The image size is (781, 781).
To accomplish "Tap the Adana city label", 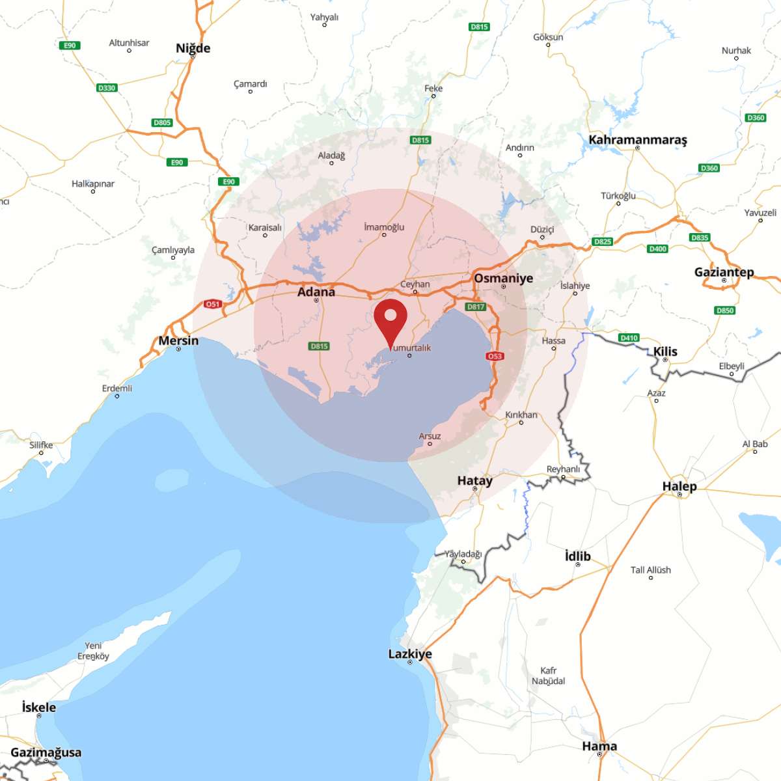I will [x=316, y=292].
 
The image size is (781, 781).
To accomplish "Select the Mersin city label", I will [x=178, y=340].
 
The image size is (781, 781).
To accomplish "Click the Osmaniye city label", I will [x=503, y=278].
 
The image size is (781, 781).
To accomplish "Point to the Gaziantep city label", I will [x=724, y=272].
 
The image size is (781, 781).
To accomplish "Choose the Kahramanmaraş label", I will [x=637, y=140].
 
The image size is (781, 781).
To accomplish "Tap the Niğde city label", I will [x=193, y=48].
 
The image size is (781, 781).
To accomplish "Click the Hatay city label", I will [x=474, y=481].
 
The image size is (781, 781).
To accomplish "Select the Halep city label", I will [x=679, y=486].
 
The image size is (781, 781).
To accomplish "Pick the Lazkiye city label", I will [x=410, y=654].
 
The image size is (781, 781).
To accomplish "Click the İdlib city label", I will [x=577, y=556].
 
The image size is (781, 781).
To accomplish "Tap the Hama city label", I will [x=599, y=746].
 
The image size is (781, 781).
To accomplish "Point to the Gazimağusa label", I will [x=46, y=752].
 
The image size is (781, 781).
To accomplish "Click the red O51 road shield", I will [x=213, y=304].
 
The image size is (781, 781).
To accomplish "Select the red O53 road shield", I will [x=495, y=356].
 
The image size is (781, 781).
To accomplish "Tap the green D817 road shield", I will [x=476, y=307].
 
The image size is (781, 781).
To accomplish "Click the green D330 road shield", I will [x=106, y=88].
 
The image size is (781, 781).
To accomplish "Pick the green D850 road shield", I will [x=725, y=310].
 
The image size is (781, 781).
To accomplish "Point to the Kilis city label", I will [x=665, y=351].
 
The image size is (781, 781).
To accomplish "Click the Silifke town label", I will [x=41, y=445].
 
